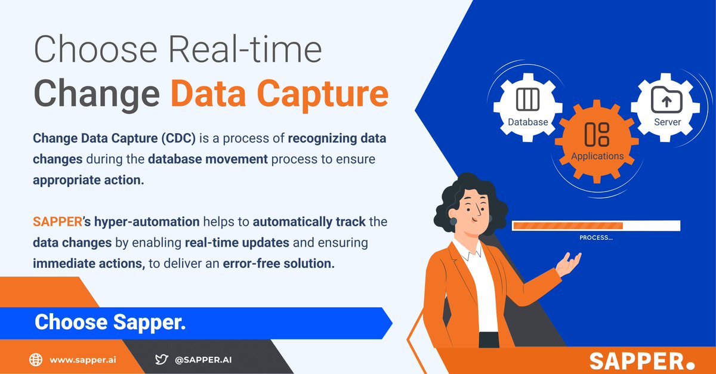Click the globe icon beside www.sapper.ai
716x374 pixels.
[x=36, y=360]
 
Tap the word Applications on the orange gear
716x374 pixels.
[x=597, y=156]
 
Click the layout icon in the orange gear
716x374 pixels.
[x=597, y=134]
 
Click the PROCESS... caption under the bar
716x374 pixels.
[x=596, y=237]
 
